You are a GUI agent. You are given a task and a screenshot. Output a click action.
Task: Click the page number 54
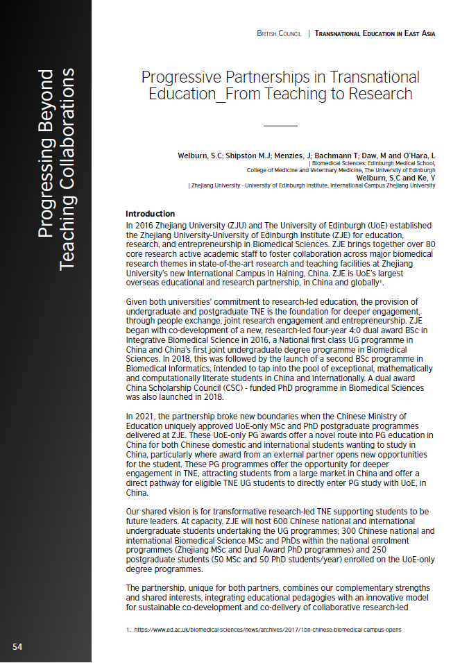pos(17,647)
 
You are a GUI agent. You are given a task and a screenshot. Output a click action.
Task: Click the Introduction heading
pos(150,214)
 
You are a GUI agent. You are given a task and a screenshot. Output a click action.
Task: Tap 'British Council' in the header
pos(279,33)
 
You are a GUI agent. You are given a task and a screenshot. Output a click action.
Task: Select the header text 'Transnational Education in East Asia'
pos(375,33)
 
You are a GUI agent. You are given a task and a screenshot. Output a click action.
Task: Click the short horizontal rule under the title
pos(280,126)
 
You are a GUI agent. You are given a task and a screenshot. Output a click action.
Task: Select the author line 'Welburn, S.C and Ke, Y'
pos(395,178)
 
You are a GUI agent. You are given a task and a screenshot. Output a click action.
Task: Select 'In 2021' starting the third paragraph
pos(139,417)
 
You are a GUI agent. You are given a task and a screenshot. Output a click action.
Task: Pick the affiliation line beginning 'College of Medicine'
pos(341,170)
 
